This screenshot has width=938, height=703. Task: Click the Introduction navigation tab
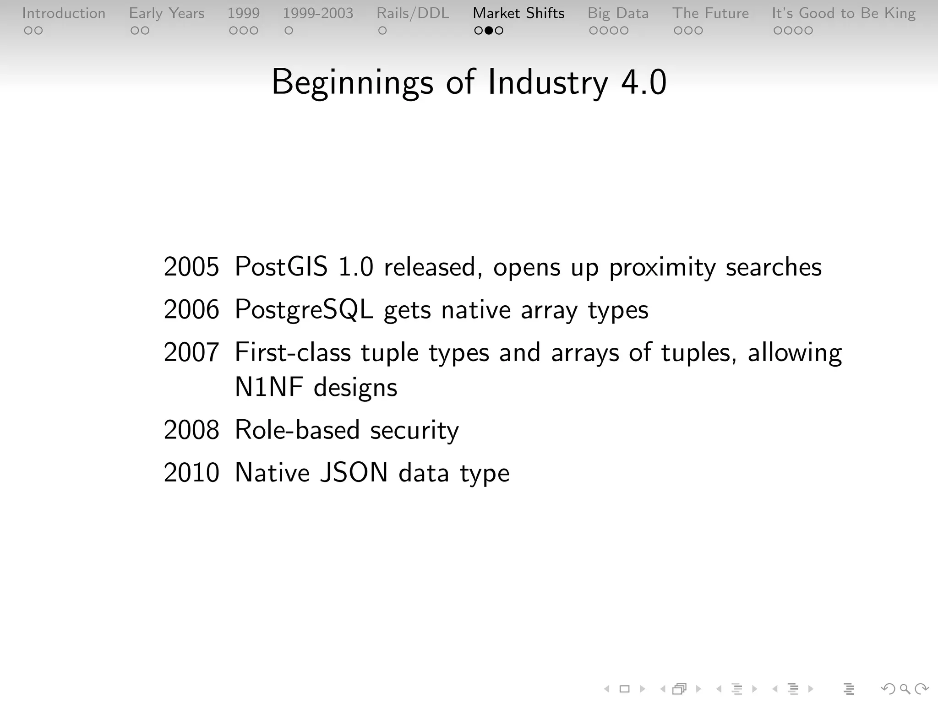[64, 13]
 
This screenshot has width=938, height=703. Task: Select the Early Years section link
[166, 13]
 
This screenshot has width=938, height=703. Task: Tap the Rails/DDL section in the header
[413, 13]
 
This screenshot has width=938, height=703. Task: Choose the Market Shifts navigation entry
[518, 13]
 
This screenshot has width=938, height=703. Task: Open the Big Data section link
[618, 13]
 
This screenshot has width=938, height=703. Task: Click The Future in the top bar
[710, 13]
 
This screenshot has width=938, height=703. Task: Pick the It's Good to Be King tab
[844, 13]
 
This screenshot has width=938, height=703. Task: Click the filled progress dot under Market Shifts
[489, 31]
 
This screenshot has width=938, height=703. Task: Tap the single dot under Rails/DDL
[382, 31]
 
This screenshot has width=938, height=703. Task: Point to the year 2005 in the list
[191, 267]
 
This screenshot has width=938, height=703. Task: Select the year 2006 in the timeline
[191, 310]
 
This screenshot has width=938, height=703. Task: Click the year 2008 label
[191, 430]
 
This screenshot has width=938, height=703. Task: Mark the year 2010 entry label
[191, 473]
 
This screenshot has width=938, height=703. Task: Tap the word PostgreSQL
[304, 310]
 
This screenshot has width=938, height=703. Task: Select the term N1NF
[269, 387]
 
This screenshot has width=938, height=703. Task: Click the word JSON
[354, 473]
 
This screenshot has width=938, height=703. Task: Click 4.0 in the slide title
[644, 82]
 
